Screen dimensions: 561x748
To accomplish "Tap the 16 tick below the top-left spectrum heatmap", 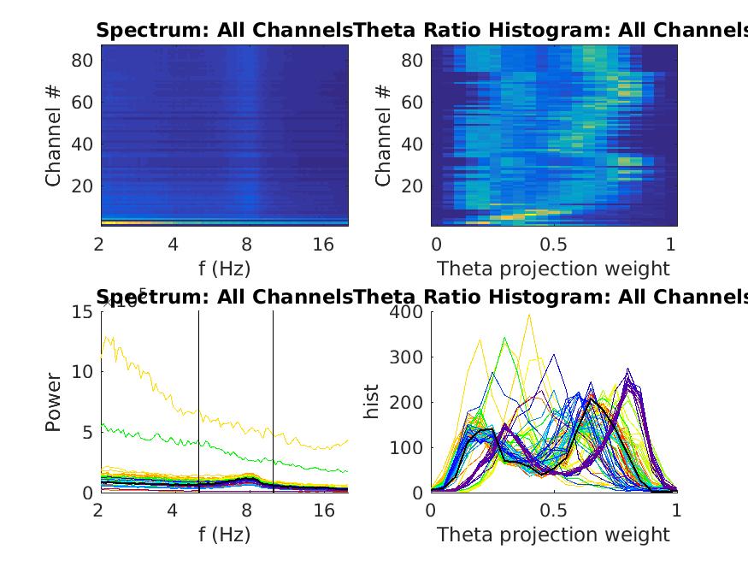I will click(x=323, y=245).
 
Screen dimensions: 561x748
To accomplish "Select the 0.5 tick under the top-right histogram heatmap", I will click(x=553, y=245).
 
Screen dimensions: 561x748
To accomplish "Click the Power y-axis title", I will click(x=53, y=402).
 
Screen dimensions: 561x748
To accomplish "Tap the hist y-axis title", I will click(x=372, y=402).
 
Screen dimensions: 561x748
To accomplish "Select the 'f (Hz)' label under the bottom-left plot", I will click(x=223, y=535).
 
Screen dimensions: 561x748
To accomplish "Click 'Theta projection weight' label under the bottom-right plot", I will click(x=553, y=535).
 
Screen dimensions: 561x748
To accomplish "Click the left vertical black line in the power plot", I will click(x=198, y=402).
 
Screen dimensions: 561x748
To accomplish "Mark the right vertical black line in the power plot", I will click(x=273, y=402).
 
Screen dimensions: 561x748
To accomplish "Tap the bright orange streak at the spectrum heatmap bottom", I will click(x=128, y=222).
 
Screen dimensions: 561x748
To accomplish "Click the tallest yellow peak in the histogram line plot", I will click(x=529, y=316).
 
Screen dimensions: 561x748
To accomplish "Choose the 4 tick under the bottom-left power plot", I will click(x=173, y=511).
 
